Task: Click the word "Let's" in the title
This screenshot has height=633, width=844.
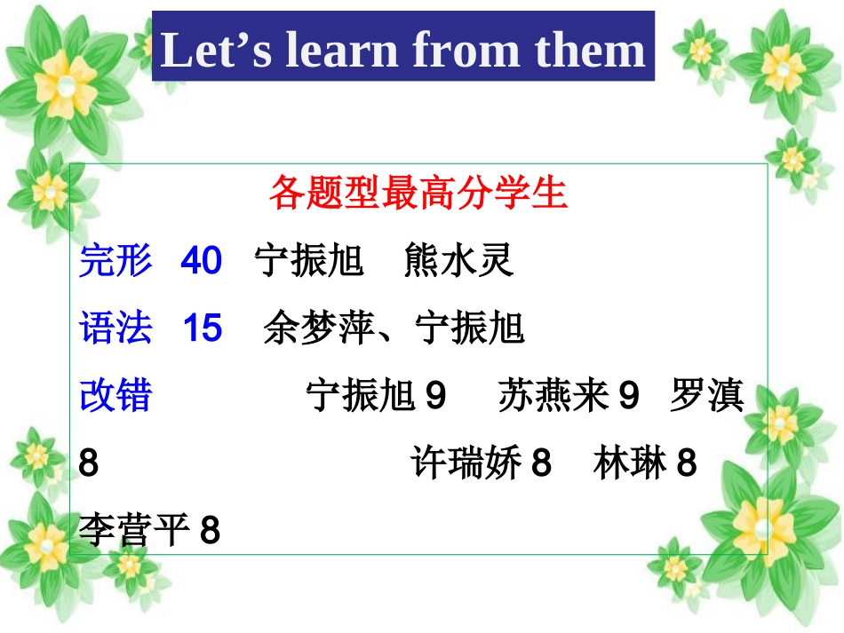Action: (x=217, y=50)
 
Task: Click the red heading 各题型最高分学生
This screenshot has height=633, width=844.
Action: (x=418, y=193)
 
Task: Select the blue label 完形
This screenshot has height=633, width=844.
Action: (x=115, y=262)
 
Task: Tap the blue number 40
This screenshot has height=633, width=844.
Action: (x=201, y=262)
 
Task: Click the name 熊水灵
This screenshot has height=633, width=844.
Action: (x=458, y=262)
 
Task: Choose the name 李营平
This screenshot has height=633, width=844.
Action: (x=134, y=532)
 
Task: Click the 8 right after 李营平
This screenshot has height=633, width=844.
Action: (x=210, y=532)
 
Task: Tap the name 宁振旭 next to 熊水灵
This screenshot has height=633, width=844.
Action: (x=309, y=262)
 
